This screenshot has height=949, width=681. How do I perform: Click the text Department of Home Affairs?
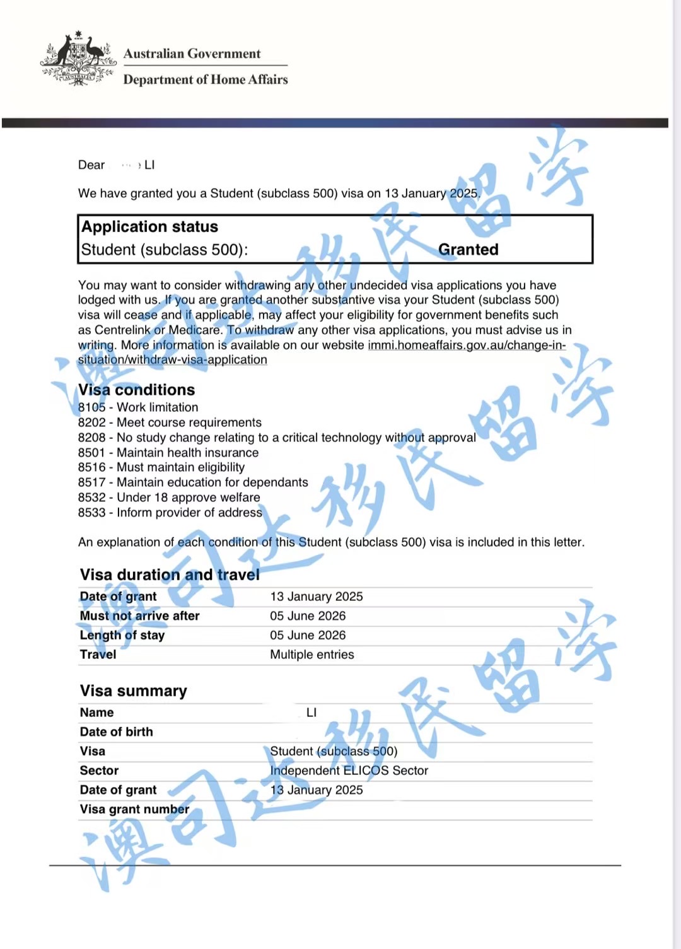(206, 79)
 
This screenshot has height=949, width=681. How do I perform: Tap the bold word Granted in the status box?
(468, 250)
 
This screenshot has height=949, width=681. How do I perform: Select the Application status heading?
(150, 227)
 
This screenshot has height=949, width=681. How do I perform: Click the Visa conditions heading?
(137, 390)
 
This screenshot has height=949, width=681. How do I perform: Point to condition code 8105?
(92, 407)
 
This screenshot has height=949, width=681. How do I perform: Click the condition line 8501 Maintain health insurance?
(168, 453)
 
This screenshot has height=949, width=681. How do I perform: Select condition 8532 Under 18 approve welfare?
(169, 498)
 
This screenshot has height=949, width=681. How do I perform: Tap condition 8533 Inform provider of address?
(170, 513)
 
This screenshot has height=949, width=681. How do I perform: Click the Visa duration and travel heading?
(170, 574)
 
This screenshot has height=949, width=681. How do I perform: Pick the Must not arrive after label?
(139, 616)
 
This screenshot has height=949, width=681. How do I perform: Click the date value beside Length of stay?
(308, 636)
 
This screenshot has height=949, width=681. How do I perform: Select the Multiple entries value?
(312, 655)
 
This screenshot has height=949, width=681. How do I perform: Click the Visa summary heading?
(134, 691)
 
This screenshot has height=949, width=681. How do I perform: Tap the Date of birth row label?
(117, 732)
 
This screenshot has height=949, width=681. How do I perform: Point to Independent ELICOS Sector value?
(349, 771)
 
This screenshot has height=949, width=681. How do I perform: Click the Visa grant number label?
(134, 810)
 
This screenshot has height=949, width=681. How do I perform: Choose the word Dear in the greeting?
(91, 165)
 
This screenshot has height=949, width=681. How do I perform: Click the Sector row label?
(99, 771)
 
